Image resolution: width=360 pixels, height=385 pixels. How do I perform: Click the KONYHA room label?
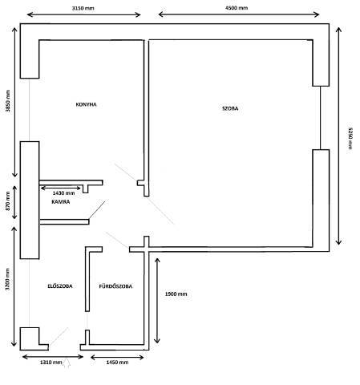[86, 104]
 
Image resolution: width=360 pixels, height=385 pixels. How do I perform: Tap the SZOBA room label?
[230, 108]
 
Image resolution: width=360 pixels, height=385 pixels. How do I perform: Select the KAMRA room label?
[61, 202]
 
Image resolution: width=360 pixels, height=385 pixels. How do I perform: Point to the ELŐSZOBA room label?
[60, 286]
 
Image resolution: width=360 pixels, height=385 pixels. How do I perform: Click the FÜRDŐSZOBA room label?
[115, 286]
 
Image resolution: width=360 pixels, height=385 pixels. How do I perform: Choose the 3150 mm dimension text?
[83, 8]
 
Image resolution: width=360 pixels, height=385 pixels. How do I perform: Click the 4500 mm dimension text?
[237, 8]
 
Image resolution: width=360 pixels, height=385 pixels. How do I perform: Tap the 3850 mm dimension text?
[8, 100]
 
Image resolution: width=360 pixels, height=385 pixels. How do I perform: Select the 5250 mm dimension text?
[350, 138]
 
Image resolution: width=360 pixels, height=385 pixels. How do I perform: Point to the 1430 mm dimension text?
[63, 192]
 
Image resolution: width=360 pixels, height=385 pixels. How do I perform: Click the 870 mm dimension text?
[8, 201]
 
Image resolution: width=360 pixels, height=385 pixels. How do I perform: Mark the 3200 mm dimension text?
[7, 279]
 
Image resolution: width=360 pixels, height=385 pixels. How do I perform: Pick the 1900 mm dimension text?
[176, 294]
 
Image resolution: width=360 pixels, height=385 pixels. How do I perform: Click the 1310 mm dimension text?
[51, 363]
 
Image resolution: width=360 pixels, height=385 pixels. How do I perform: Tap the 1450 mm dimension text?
[117, 363]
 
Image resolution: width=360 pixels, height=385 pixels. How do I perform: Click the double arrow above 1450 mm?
[117, 357]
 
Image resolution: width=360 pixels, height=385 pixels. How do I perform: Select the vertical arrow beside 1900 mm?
[157, 301]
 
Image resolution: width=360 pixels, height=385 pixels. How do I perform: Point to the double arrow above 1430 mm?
[60, 188]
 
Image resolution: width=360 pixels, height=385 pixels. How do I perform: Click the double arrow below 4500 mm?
[239, 14]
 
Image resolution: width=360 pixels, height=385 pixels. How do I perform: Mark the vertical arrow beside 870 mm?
[14, 202]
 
